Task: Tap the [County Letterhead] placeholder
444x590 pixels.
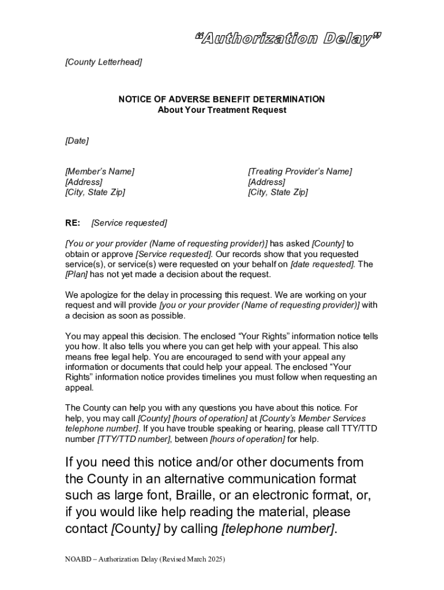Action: [x=103, y=62]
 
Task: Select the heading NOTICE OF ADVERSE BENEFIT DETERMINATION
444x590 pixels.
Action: [x=221, y=99]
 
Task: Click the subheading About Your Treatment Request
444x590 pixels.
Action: [x=221, y=109]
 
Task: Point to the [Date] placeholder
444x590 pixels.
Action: [x=77, y=141]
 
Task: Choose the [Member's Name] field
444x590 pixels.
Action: [x=100, y=172]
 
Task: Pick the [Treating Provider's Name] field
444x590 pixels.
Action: [x=299, y=172]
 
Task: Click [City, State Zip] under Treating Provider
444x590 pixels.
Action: [x=277, y=192]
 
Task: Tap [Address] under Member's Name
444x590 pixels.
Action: [x=84, y=182]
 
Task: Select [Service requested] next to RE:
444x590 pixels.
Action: [x=129, y=223]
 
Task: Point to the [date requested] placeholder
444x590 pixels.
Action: [x=322, y=264]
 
